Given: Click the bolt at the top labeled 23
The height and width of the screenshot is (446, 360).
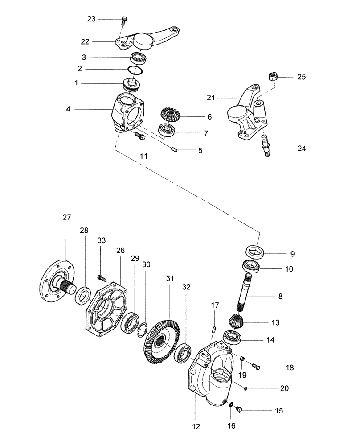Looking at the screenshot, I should pos(124,19).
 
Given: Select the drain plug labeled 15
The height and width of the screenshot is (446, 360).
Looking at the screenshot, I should pos(240,409).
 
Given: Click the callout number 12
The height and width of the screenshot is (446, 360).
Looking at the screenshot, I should pos(197,427).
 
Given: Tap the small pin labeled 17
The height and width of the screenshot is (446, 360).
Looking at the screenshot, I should pos(213,330).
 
